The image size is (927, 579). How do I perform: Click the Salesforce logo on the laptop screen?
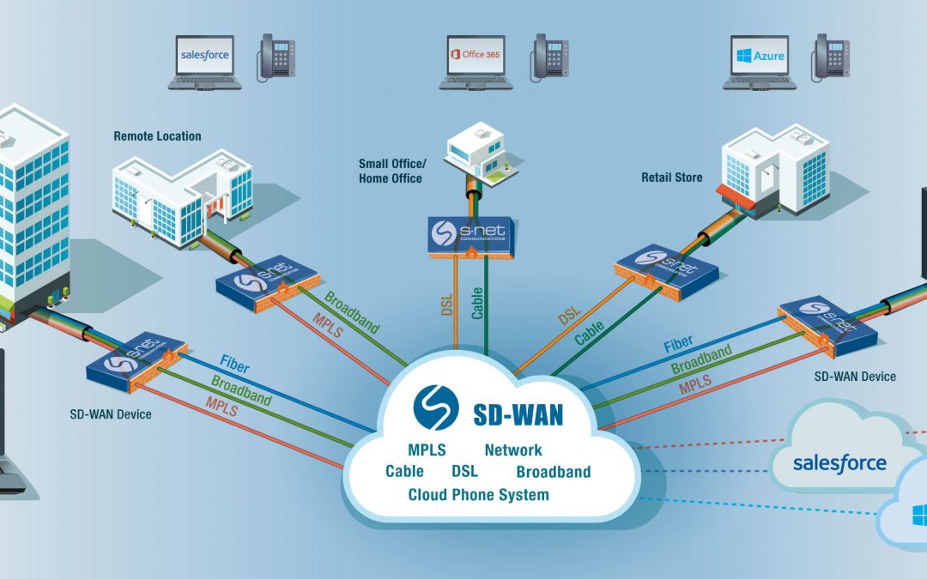pyautogui.click(x=204, y=56)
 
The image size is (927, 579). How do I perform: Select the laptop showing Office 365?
pyautogui.click(x=476, y=61)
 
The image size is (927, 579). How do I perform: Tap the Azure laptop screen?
pyautogui.click(x=759, y=56)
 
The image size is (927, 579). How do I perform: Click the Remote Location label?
pyautogui.click(x=157, y=136)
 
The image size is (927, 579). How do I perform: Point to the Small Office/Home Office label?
pyautogui.click(x=391, y=171)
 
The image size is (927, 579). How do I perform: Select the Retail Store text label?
pyautogui.click(x=671, y=178)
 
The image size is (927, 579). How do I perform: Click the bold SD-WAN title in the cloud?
pyautogui.click(x=518, y=415)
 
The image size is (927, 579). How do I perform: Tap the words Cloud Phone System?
pyautogui.click(x=478, y=494)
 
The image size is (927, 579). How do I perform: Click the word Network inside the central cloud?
pyautogui.click(x=513, y=449)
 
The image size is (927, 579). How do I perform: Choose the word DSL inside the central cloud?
pyautogui.click(x=464, y=472)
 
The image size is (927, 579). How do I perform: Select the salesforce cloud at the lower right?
pyautogui.click(x=839, y=463)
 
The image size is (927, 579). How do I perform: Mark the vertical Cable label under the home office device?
pyautogui.click(x=477, y=301)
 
